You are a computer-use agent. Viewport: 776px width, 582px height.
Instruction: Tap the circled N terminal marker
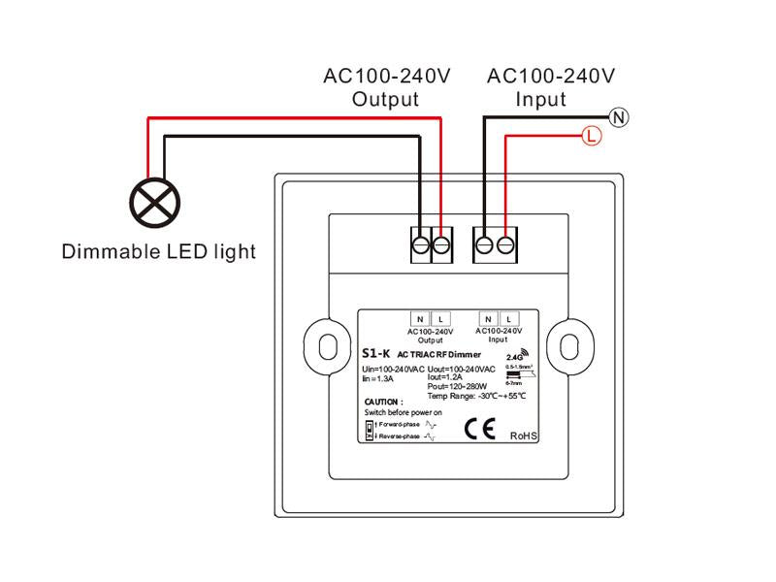(620, 117)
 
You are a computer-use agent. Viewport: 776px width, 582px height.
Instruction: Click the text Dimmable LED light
(159, 252)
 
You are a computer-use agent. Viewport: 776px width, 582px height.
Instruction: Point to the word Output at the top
(385, 99)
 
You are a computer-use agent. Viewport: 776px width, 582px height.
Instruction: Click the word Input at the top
(541, 99)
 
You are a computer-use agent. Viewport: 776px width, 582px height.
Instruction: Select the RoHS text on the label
(524, 436)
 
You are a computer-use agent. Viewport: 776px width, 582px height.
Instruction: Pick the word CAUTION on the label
(384, 401)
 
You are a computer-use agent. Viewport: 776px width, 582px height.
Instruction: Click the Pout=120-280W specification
(459, 385)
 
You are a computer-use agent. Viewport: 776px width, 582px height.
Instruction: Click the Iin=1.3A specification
(379, 377)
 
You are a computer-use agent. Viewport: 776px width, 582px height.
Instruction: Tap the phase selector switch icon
(370, 431)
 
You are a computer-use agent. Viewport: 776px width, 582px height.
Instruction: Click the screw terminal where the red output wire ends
(441, 244)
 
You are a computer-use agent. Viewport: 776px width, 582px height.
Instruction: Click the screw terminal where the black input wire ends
(484, 244)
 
